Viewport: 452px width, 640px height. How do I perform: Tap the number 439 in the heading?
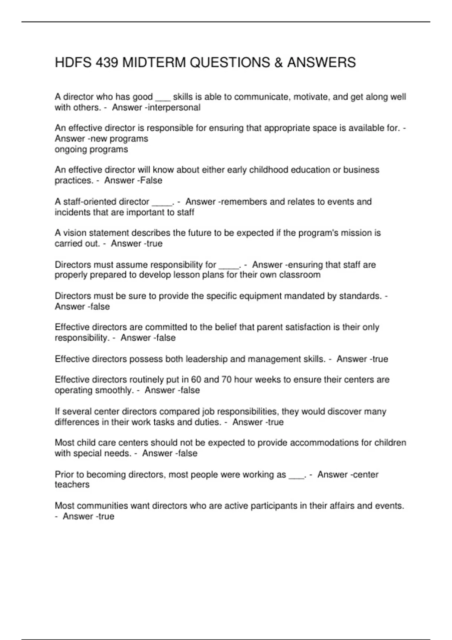107,62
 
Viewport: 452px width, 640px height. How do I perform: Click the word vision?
75,233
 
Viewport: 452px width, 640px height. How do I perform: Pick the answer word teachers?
72,485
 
